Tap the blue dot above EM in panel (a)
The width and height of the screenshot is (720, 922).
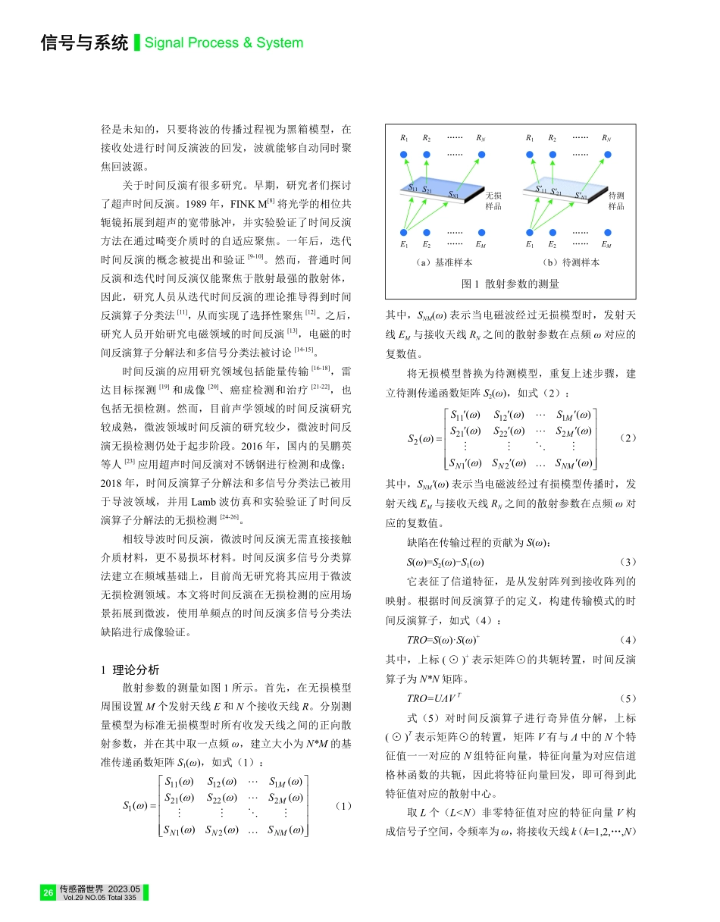pyautogui.click(x=481, y=232)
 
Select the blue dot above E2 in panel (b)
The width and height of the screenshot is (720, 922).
pyautogui.click(x=553, y=232)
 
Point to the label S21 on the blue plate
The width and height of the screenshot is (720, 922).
pyautogui.click(x=427, y=190)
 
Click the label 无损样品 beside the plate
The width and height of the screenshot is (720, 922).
pyautogui.click(x=493, y=201)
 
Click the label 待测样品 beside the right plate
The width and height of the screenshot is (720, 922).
pyautogui.click(x=617, y=201)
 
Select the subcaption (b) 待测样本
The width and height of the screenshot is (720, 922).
pyautogui.click(x=570, y=262)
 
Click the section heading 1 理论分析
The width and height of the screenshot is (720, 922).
pyautogui.click(x=130, y=670)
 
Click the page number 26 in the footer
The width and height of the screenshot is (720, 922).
pyautogui.click(x=49, y=893)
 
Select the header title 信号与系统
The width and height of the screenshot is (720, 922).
pyautogui.click(x=84, y=43)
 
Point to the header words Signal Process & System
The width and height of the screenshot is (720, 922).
pyautogui.click(x=224, y=43)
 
